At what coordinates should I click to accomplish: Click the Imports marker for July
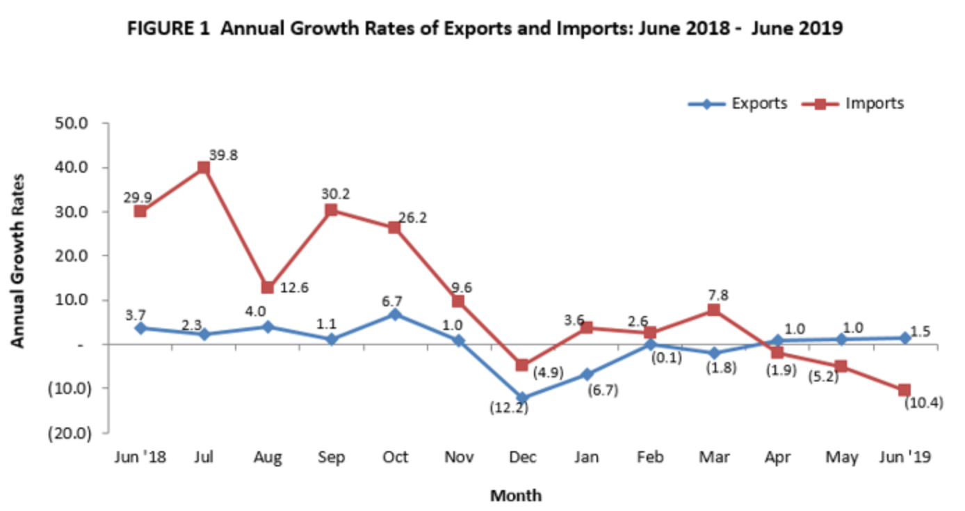(204, 167)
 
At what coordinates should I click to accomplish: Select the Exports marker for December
(523, 398)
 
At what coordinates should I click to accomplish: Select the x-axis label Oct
(395, 457)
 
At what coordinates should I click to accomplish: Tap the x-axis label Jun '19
(905, 457)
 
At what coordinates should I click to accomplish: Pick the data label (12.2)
(507, 409)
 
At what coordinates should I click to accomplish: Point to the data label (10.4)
(923, 402)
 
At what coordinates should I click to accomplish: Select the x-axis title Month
(515, 496)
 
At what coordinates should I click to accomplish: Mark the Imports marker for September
(332, 210)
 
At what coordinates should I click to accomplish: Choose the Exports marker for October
(395, 315)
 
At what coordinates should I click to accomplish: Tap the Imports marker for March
(714, 310)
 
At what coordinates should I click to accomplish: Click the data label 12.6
(294, 287)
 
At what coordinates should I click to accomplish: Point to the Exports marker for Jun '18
(140, 328)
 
